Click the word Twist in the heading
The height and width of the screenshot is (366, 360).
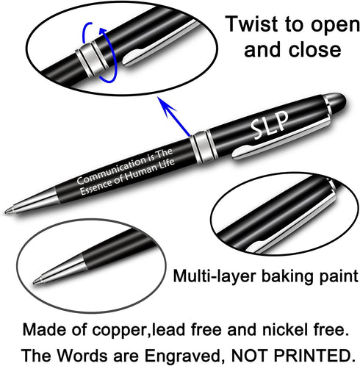tap(252, 24)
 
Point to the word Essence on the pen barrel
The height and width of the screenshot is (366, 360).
tap(96, 187)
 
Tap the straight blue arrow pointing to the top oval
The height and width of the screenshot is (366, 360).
tap(173, 116)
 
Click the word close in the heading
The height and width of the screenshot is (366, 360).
tap(314, 49)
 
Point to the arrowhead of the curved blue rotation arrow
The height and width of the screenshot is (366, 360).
tap(103, 32)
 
